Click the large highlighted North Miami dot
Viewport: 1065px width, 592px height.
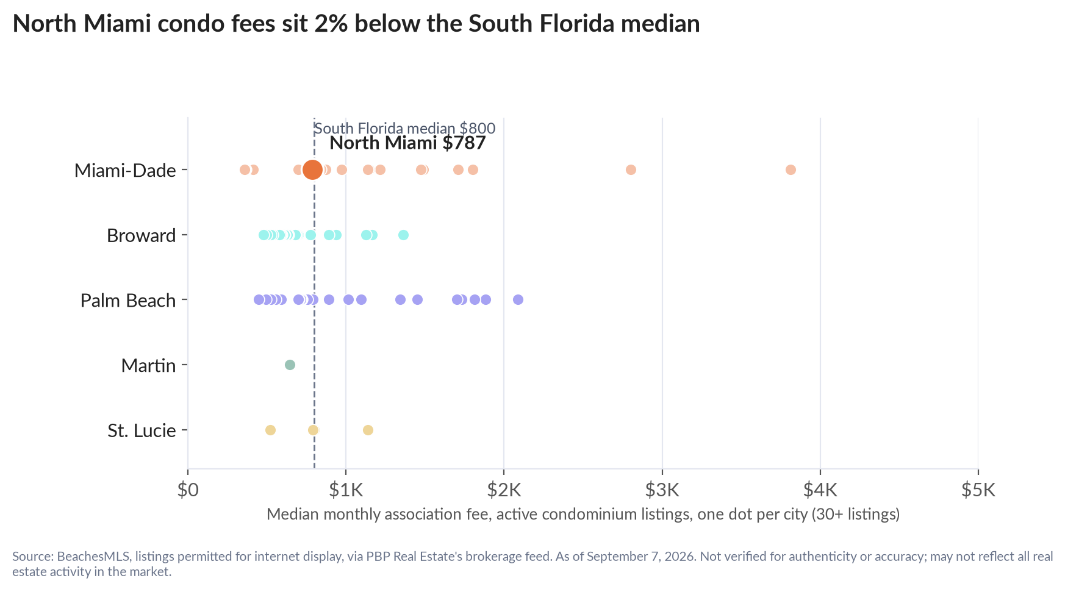pos(312,169)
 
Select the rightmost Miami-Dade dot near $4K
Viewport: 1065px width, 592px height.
pos(791,169)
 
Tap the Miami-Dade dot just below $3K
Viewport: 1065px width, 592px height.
pos(631,169)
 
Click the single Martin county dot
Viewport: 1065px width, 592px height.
pos(290,365)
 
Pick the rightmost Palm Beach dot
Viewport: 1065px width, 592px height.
pos(518,299)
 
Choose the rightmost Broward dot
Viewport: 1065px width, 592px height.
pos(403,235)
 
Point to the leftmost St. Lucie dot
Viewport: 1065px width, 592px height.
pos(270,430)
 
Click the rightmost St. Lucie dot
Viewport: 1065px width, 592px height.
pos(368,430)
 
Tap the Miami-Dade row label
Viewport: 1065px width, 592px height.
pos(125,170)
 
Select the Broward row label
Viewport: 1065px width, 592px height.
pos(142,235)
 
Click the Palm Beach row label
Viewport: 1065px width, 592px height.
pos(128,301)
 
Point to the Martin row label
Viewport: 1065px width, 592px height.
pos(149,366)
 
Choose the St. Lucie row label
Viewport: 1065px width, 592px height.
pos(142,431)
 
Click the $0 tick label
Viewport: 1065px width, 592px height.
pos(188,490)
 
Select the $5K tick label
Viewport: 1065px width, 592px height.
pos(978,490)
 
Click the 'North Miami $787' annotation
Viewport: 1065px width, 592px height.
pos(407,143)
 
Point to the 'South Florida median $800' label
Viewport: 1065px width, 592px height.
pos(404,128)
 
